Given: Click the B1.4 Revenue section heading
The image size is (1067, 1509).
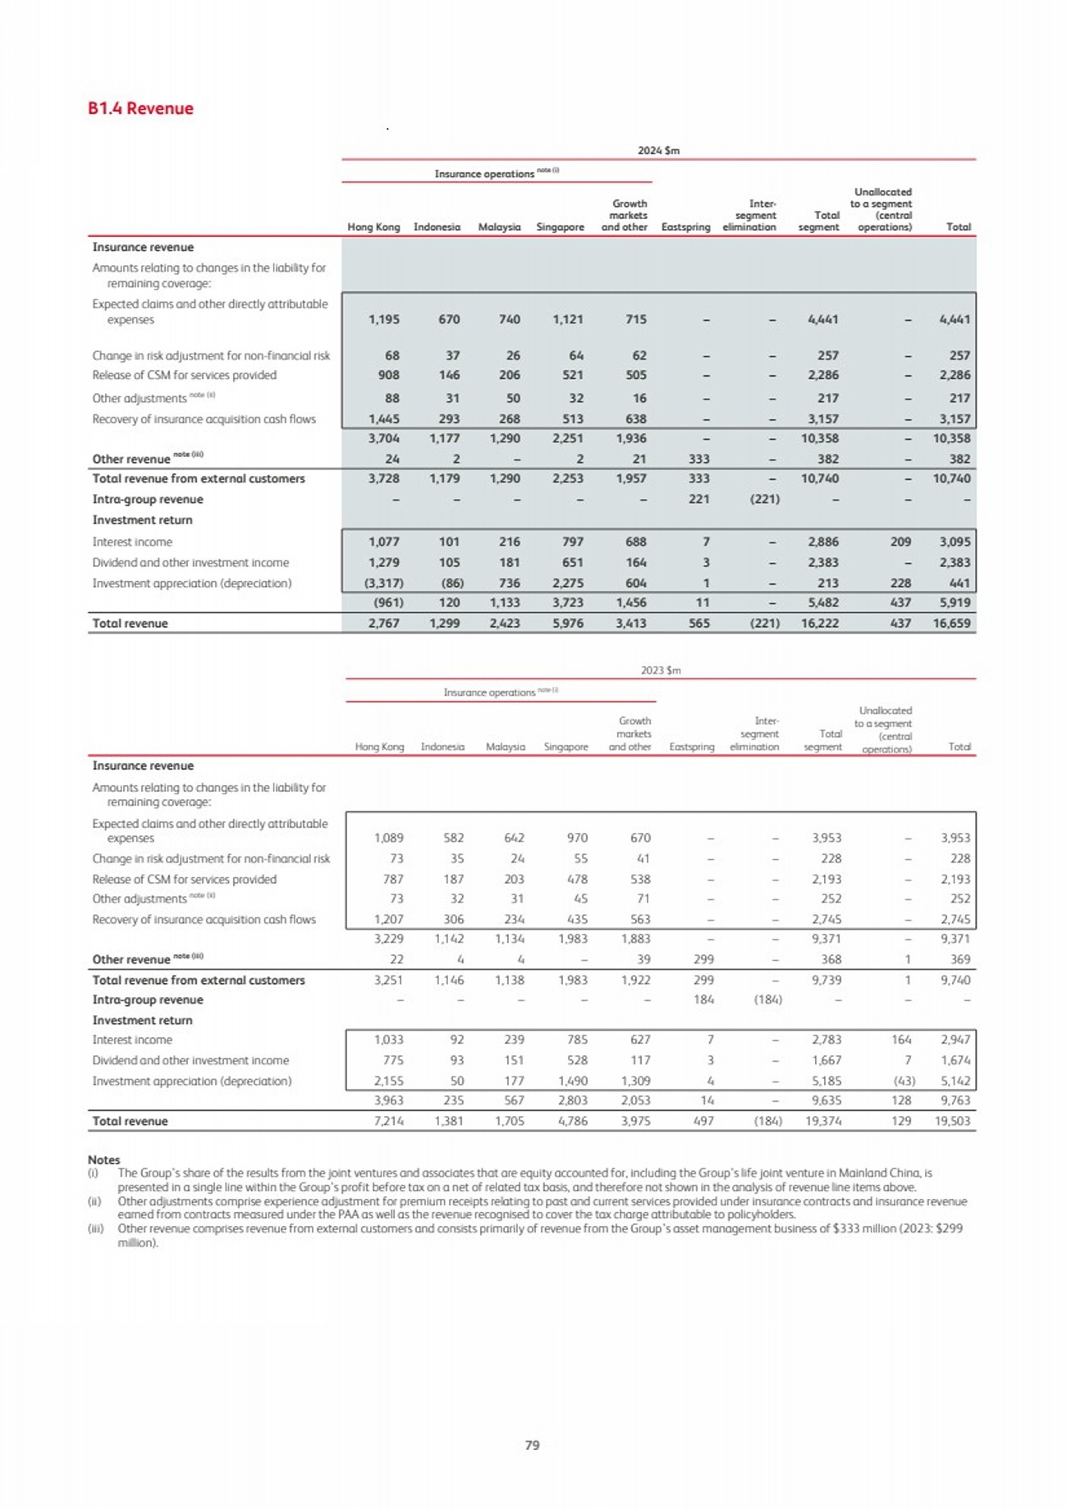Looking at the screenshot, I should coord(140,108).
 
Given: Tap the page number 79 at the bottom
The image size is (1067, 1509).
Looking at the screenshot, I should coord(532,1445).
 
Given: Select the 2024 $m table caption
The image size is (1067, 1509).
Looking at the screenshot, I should coord(658,150).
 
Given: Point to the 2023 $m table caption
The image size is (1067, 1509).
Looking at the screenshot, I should coord(661,670).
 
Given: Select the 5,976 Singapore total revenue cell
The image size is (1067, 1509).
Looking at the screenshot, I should coord(567,623).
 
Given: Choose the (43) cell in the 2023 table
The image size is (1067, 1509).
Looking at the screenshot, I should coord(901,1081).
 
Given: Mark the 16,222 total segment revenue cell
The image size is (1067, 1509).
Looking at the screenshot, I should coord(819,623).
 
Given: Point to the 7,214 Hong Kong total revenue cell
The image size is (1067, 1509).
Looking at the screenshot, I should coord(388,1121).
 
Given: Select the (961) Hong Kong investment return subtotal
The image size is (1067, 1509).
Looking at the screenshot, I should coord(388,602).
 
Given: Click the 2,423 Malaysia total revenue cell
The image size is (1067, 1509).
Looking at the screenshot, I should coord(505,623).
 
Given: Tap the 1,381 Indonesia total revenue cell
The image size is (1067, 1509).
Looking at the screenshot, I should coord(449,1121).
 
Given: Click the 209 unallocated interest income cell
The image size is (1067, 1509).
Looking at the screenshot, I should coord(900,542).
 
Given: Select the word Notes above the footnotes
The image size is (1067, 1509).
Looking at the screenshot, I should coord(103,1159).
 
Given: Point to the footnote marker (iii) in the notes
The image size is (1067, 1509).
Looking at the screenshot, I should coord(95,1228).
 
